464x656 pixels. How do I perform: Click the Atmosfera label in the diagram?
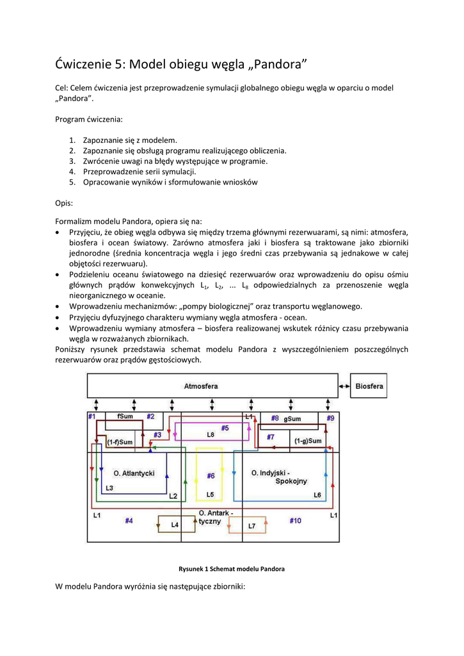coord(201,386)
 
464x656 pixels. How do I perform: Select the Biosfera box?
coord(369,386)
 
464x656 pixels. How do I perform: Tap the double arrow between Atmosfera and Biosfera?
coord(344,386)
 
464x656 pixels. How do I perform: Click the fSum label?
coord(124,416)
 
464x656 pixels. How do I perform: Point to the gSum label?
coord(292,418)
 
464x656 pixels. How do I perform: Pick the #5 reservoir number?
coord(225,427)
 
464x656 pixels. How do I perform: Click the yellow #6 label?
coord(211,476)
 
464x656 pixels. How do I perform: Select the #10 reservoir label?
coord(295,520)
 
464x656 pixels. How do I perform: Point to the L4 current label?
coord(174,525)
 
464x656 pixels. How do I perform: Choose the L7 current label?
coord(252,527)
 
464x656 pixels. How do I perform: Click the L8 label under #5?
coord(211,435)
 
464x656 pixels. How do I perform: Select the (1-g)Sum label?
coord(308,441)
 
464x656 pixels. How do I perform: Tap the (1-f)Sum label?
coord(120,442)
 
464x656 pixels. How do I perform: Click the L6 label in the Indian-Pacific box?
coord(317,495)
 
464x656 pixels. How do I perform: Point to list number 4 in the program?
coord(72,172)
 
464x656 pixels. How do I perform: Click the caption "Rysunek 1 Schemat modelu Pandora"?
coord(231,569)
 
